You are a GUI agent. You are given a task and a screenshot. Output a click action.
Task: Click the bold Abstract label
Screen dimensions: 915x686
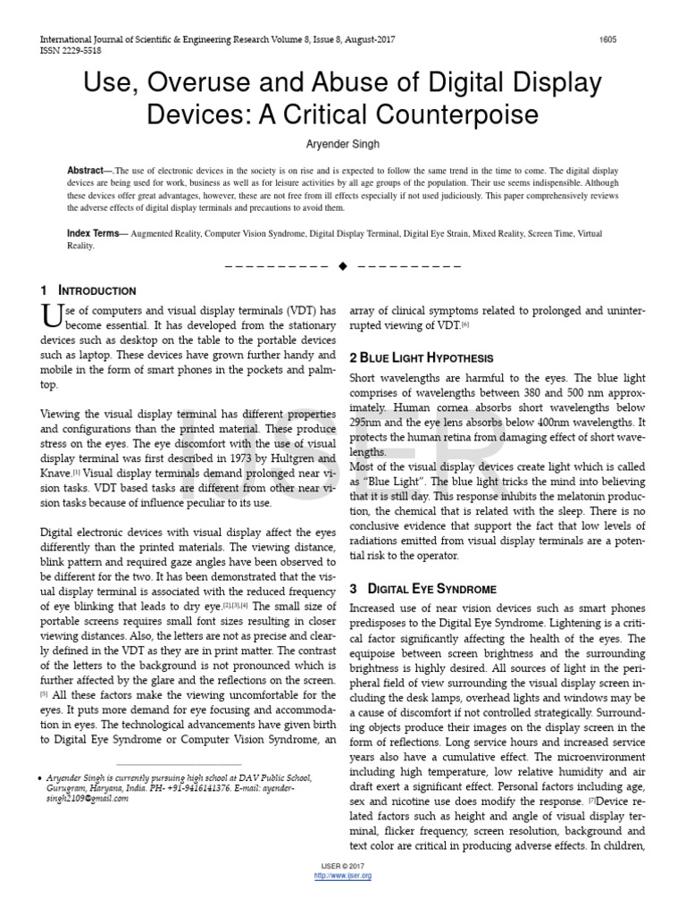[85, 170]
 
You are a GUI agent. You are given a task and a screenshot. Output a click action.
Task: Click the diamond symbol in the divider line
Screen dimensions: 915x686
[342, 267]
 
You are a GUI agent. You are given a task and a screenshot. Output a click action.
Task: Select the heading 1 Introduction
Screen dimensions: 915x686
[88, 291]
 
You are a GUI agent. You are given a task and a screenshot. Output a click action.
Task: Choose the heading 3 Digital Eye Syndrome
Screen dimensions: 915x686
[422, 589]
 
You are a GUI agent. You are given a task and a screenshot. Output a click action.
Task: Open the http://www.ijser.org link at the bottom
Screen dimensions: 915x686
[343, 876]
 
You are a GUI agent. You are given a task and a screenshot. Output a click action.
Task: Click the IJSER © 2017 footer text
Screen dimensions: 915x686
[343, 867]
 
